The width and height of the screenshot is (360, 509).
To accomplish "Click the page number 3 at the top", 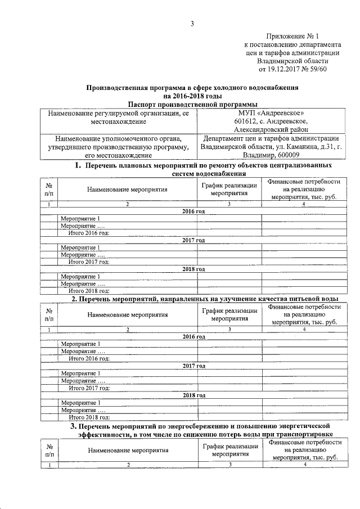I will [x=192, y=23].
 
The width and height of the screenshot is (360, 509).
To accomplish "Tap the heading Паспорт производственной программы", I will [x=192, y=104].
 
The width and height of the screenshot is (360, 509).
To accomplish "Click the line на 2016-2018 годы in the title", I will [x=192, y=96].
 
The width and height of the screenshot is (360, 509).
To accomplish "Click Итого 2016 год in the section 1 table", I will [x=88, y=232].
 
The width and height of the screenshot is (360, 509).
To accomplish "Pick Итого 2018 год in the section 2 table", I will [x=88, y=417].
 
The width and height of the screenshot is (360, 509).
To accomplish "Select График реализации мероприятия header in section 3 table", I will [x=230, y=451].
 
